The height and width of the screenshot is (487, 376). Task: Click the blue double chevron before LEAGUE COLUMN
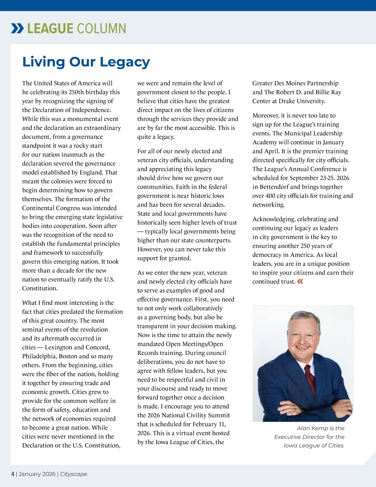(x=17, y=29)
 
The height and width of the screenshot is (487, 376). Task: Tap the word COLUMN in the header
(x=101, y=29)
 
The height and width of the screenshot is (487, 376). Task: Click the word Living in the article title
(x=44, y=62)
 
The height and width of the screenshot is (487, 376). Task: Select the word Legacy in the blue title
(x=129, y=62)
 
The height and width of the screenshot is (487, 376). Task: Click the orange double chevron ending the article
(x=300, y=281)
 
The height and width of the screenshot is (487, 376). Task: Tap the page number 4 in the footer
(x=13, y=474)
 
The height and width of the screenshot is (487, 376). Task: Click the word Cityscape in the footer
(x=74, y=474)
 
